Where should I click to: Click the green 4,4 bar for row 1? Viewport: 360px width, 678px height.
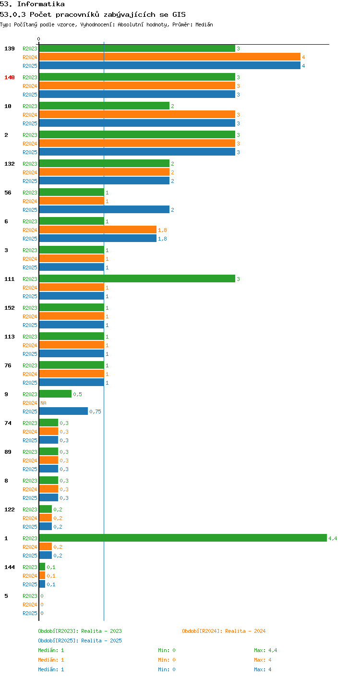183,538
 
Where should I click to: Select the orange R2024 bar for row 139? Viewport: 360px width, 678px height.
170,57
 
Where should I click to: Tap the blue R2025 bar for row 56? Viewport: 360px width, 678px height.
104,209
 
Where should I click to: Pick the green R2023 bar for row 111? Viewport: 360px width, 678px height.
137,278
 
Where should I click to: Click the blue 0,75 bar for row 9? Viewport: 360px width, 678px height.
63,411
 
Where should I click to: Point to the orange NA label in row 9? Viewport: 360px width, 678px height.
43,403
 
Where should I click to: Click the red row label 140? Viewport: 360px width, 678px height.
10,77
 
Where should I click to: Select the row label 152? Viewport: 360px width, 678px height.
10,308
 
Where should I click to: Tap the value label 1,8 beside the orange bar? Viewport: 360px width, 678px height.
162,230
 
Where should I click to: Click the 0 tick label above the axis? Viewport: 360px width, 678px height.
38,39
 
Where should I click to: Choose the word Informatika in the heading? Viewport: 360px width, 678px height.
41,4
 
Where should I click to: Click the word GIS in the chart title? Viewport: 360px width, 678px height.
179,14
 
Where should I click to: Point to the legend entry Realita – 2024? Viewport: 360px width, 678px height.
245,631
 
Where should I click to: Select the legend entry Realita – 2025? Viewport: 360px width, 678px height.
101,641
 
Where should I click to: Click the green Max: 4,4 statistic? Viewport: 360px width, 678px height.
265,651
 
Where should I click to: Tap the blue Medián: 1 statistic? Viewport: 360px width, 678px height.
51,669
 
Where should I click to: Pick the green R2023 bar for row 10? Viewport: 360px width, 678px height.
104,106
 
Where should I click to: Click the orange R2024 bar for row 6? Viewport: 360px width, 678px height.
98,230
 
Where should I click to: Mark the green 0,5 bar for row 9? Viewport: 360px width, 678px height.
55,394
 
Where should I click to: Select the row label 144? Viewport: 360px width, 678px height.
10,567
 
